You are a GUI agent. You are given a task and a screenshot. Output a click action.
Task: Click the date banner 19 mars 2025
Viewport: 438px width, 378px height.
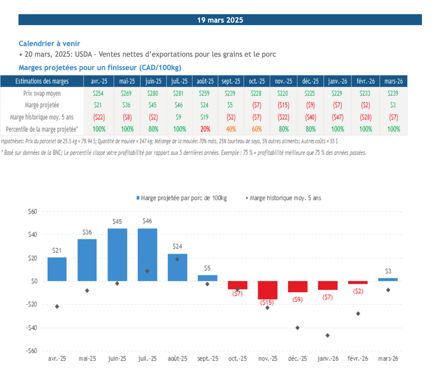pyautogui.click(x=220, y=20)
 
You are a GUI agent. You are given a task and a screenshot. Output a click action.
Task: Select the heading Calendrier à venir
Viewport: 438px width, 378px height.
pyautogui.click(x=49, y=43)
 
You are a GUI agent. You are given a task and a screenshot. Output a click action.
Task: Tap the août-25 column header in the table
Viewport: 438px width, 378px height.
pyautogui.click(x=205, y=81)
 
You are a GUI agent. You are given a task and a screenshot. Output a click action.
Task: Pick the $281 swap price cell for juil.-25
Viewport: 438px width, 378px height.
pyautogui.click(x=180, y=93)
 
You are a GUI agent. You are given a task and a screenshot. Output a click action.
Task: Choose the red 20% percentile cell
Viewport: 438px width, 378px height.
pyautogui.click(x=205, y=128)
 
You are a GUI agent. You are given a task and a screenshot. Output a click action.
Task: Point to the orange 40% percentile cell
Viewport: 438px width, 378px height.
pyautogui.click(x=231, y=128)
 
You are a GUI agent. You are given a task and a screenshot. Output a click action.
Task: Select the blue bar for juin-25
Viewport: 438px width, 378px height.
pyautogui.click(x=117, y=254)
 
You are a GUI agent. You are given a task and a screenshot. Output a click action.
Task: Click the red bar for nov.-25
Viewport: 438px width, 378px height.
pyautogui.click(x=268, y=290)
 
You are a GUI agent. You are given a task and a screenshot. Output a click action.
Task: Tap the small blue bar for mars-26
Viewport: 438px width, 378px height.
pyautogui.click(x=388, y=280)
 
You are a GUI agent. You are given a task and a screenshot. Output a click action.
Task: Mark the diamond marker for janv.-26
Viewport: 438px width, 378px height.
pyautogui.click(x=327, y=335)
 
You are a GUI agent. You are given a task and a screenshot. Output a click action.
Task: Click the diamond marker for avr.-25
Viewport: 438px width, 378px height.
pyautogui.click(x=57, y=306)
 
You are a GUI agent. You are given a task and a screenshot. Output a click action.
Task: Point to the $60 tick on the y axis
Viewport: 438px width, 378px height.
pyautogui.click(x=33, y=211)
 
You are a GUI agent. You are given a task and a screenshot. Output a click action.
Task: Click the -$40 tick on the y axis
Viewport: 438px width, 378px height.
pyautogui.click(x=32, y=328)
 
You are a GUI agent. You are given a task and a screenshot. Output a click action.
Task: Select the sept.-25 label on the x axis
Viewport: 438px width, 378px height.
pyautogui.click(x=207, y=359)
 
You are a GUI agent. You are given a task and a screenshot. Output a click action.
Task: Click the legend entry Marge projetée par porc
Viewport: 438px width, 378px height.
pyautogui.click(x=182, y=198)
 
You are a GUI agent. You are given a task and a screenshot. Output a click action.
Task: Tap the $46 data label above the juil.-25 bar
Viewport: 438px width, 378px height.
pyautogui.click(x=147, y=221)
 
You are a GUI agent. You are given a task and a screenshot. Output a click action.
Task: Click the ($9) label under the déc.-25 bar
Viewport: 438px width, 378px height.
pyautogui.click(x=298, y=300)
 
